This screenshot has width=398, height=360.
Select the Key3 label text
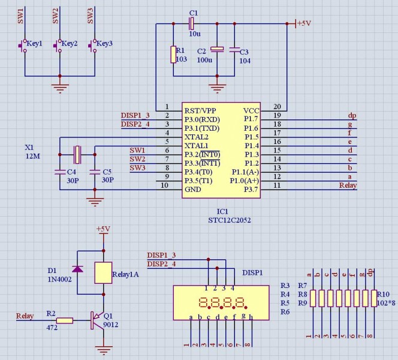click(x=104, y=43)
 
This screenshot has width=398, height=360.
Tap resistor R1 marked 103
click(x=173, y=55)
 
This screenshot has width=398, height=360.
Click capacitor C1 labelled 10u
click(x=191, y=24)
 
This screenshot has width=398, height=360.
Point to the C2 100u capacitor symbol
click(x=218, y=49)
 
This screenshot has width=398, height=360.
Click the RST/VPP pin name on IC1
click(x=199, y=110)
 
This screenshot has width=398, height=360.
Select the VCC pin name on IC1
click(x=251, y=110)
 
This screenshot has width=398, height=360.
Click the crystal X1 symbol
click(x=77, y=154)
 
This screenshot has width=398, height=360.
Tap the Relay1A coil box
click(x=104, y=272)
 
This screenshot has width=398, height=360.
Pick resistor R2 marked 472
click(x=64, y=320)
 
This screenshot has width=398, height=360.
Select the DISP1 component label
click(x=252, y=272)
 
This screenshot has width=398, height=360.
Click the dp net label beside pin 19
click(x=352, y=115)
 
